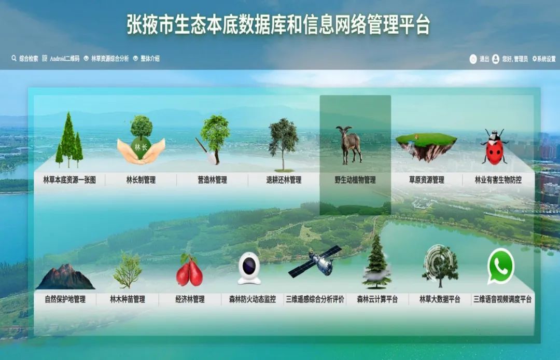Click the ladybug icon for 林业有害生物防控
(495, 147)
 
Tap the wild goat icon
(349, 145)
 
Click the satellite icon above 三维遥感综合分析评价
(315, 261)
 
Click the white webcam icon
(249, 268)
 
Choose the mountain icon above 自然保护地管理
(65, 276)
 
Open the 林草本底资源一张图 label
(69, 180)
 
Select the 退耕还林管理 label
(284, 180)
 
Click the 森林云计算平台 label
(377, 299)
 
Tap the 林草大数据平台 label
(440, 299)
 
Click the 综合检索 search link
(25, 58)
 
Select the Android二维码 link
(61, 58)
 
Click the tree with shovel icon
(213, 140)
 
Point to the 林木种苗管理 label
(128, 299)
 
